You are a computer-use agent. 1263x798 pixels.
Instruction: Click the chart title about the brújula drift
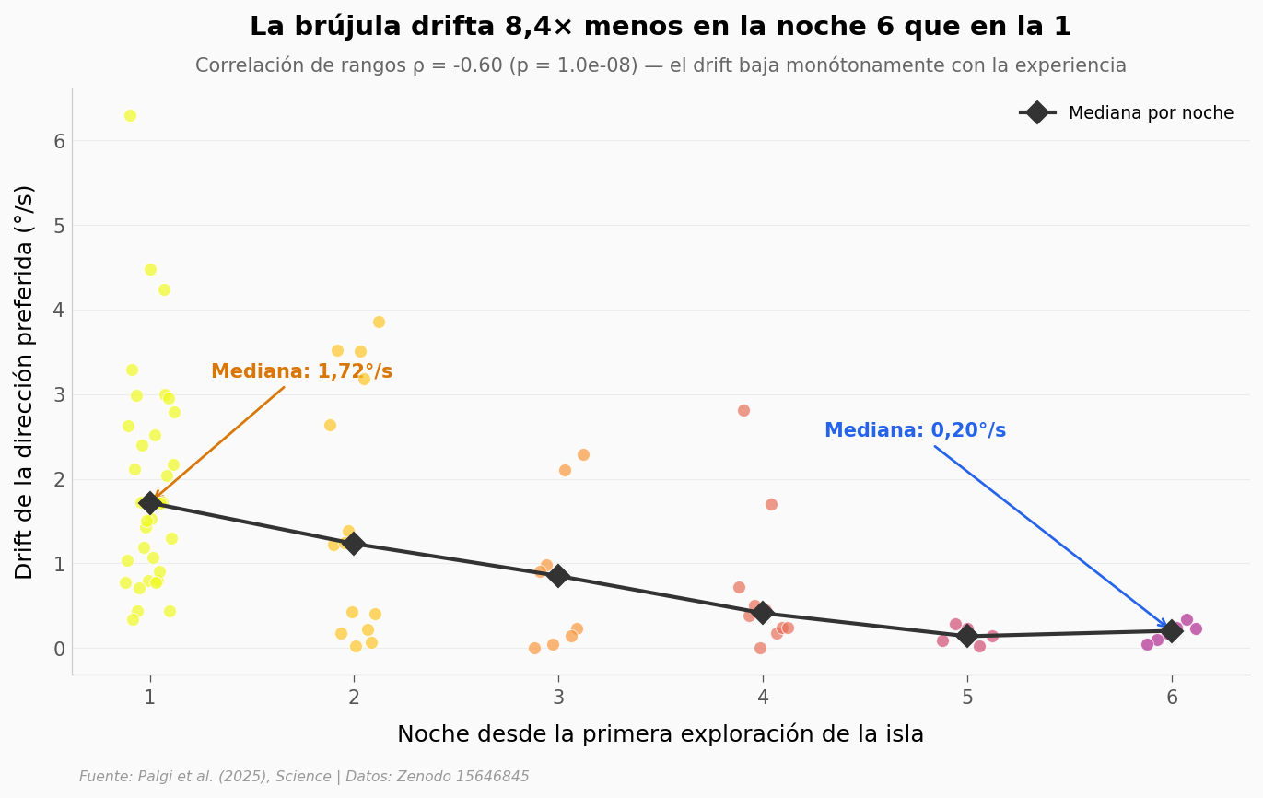(x=660, y=27)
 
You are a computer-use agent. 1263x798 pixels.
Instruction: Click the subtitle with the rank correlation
(x=660, y=65)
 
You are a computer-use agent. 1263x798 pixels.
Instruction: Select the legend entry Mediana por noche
(x=1127, y=113)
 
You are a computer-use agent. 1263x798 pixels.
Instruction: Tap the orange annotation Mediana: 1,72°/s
(x=301, y=371)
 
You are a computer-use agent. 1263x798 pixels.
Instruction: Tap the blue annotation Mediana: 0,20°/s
(x=914, y=430)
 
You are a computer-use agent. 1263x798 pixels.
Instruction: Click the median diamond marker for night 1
(x=149, y=503)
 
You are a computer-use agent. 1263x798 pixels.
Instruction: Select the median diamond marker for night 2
(x=354, y=544)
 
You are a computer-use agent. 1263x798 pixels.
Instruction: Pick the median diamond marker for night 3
(x=558, y=576)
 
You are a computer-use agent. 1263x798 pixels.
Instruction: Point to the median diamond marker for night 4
(x=763, y=613)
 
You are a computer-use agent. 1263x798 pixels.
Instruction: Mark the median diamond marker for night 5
(x=967, y=636)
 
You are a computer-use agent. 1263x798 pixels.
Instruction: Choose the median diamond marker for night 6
(x=1172, y=630)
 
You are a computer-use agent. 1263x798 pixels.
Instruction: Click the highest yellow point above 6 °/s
(x=130, y=116)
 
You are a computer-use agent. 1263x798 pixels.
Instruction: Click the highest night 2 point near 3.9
(x=379, y=322)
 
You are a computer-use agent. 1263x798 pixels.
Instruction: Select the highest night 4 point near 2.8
(x=743, y=410)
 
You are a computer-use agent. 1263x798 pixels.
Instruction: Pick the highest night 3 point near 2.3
(x=583, y=454)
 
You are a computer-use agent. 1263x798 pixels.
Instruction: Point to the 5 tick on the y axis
(x=59, y=226)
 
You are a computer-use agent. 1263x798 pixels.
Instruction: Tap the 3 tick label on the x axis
(x=558, y=698)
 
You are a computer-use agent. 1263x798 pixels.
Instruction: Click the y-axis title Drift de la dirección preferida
(x=25, y=381)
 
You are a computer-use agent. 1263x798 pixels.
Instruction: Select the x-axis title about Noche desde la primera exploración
(x=660, y=734)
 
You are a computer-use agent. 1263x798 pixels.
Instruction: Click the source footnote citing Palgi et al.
(x=304, y=777)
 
